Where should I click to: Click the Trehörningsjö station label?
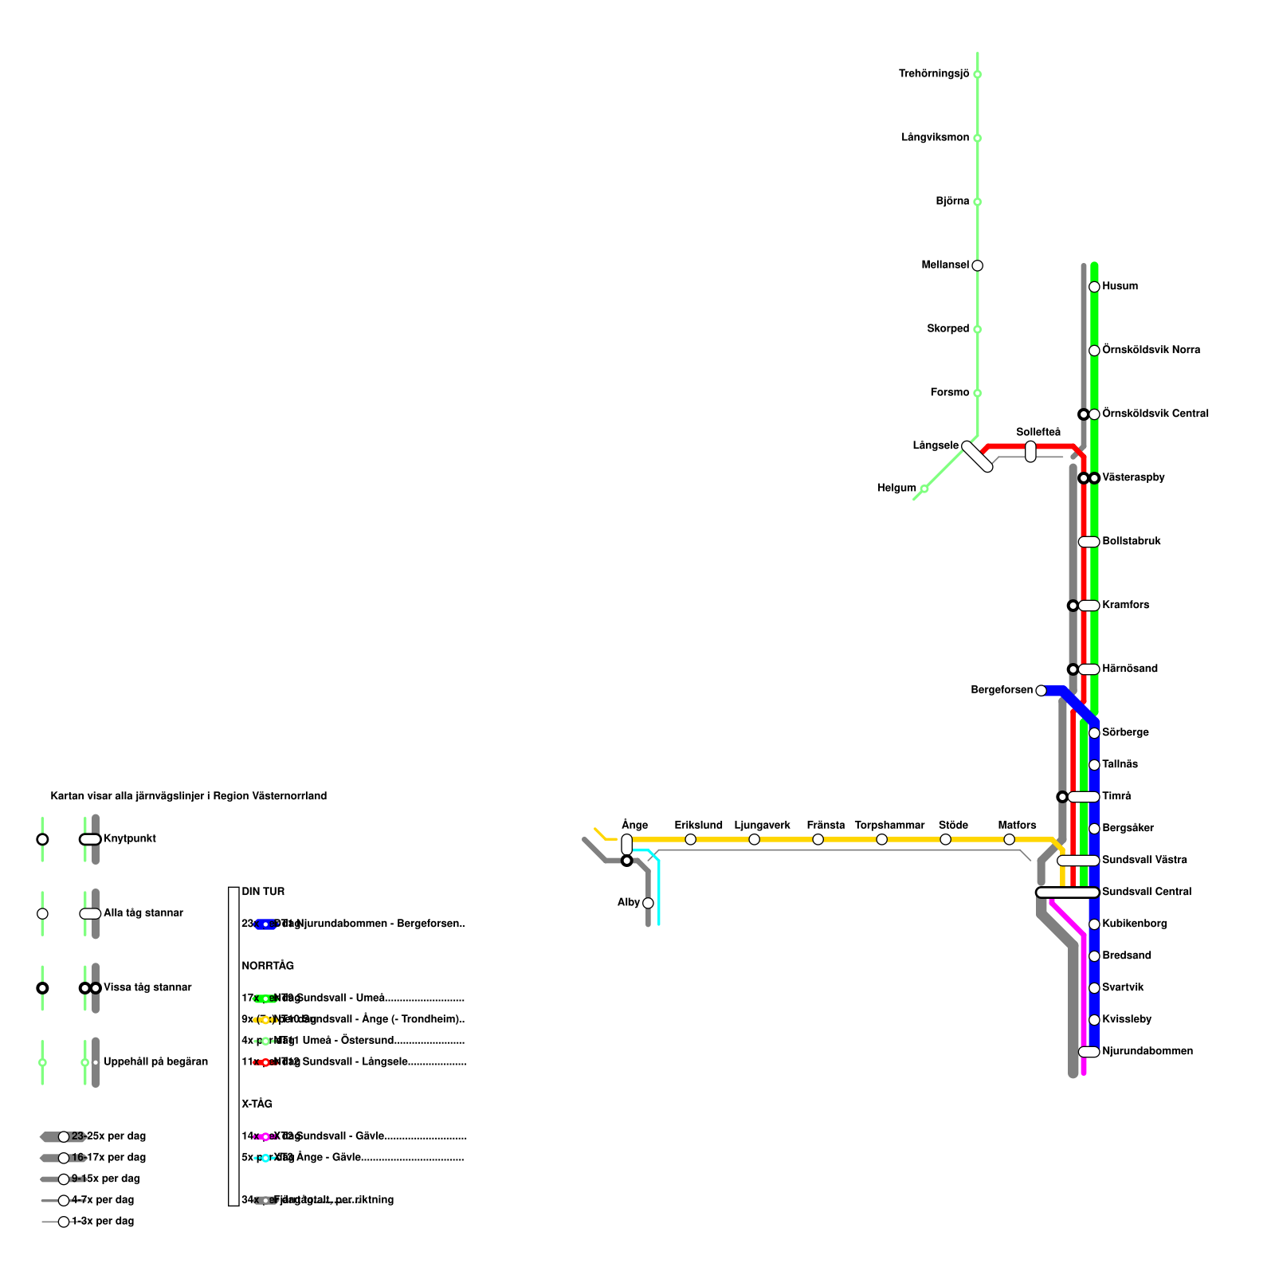coord(934,74)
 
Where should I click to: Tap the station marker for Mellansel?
coord(977,265)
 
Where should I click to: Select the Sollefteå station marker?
coord(1030,451)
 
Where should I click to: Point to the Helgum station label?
coord(896,488)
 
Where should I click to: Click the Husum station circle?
coord(1094,287)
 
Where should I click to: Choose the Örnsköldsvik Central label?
coord(1155,414)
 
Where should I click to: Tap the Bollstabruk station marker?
coord(1089,542)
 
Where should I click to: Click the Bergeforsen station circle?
coord(1041,690)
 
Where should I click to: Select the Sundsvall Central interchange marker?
coord(1067,892)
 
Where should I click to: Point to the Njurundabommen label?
coord(1147,1051)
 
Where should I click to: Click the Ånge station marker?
coord(626,845)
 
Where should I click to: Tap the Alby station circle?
coord(648,903)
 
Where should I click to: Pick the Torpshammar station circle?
coord(881,839)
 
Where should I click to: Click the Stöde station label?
coord(953,826)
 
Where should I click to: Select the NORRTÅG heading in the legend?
coord(268,966)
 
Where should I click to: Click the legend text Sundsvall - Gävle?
coord(340,1136)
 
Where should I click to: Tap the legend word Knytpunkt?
coord(130,838)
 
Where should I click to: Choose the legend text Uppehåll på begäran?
coord(155,1061)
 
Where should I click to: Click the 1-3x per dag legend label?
coord(103,1221)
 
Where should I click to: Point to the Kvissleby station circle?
coord(1094,1020)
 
